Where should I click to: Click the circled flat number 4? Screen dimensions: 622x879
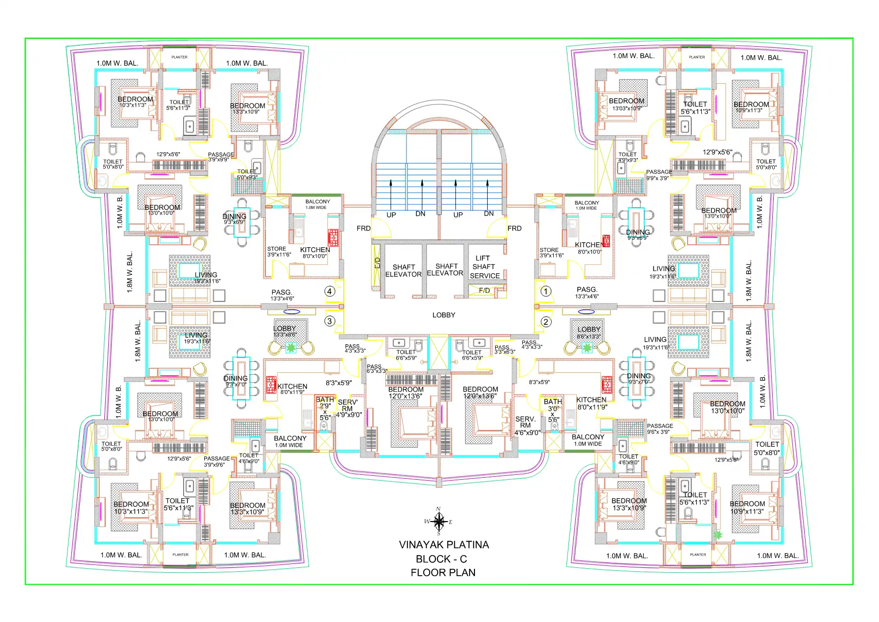pyautogui.click(x=330, y=291)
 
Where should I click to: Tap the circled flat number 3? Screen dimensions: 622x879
pyautogui.click(x=330, y=321)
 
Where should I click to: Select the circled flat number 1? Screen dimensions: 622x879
pyautogui.click(x=545, y=291)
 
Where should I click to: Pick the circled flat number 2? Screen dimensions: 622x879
pyautogui.click(x=545, y=322)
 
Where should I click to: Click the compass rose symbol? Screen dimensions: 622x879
pyautogui.click(x=439, y=521)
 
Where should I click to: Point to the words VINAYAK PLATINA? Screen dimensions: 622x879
pyautogui.click(x=443, y=545)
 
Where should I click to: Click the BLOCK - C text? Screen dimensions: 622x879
pyautogui.click(x=441, y=559)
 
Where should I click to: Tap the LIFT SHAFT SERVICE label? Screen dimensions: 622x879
pyautogui.click(x=484, y=267)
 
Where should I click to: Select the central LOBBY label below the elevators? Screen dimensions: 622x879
pyautogui.click(x=443, y=315)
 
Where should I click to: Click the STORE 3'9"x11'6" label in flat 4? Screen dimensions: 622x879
pyautogui.click(x=279, y=252)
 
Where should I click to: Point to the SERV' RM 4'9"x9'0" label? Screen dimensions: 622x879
pyautogui.click(x=348, y=408)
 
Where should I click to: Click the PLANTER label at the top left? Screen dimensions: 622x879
pyautogui.click(x=179, y=57)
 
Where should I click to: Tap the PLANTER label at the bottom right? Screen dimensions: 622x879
pyautogui.click(x=698, y=555)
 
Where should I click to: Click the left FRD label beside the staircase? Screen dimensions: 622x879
pyautogui.click(x=363, y=229)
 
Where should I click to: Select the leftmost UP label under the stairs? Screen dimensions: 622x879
pyautogui.click(x=391, y=215)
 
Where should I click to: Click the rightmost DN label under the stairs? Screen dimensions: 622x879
pyautogui.click(x=488, y=214)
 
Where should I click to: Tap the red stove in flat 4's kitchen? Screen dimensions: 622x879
pyautogui.click(x=333, y=237)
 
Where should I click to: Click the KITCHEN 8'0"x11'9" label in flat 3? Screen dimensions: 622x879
pyautogui.click(x=292, y=389)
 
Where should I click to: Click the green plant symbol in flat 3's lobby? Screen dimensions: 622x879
pyautogui.click(x=291, y=348)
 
